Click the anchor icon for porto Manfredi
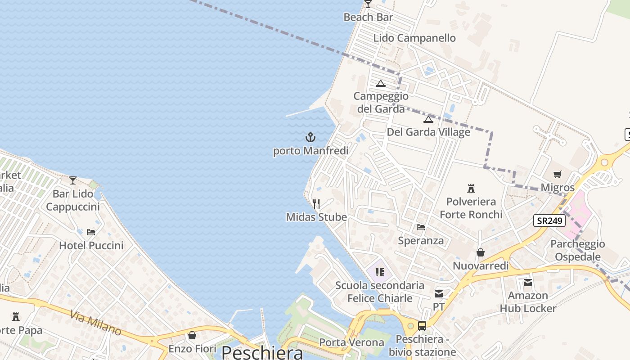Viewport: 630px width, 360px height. point(310,137)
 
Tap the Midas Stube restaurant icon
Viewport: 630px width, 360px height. point(316,204)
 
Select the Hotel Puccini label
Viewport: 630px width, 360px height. point(91,245)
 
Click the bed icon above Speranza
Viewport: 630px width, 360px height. point(421,227)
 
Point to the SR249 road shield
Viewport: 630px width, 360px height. point(549,220)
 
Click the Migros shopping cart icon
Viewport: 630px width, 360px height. point(558,174)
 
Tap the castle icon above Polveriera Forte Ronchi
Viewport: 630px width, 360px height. point(471,188)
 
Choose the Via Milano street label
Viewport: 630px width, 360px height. point(95,322)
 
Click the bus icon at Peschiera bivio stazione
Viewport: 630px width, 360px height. point(422,326)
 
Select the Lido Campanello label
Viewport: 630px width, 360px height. point(414,38)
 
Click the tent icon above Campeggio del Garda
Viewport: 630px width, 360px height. point(381,83)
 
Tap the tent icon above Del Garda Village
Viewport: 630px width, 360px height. point(428,119)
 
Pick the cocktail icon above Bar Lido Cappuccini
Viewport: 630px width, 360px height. point(73,180)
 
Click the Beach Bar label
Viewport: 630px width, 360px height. point(368,17)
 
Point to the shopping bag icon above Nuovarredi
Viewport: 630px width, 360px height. point(481,252)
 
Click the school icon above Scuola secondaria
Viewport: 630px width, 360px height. point(379,272)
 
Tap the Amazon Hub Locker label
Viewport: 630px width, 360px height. point(528,302)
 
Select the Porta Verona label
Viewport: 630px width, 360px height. point(351,342)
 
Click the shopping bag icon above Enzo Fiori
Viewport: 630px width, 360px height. point(192,335)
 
